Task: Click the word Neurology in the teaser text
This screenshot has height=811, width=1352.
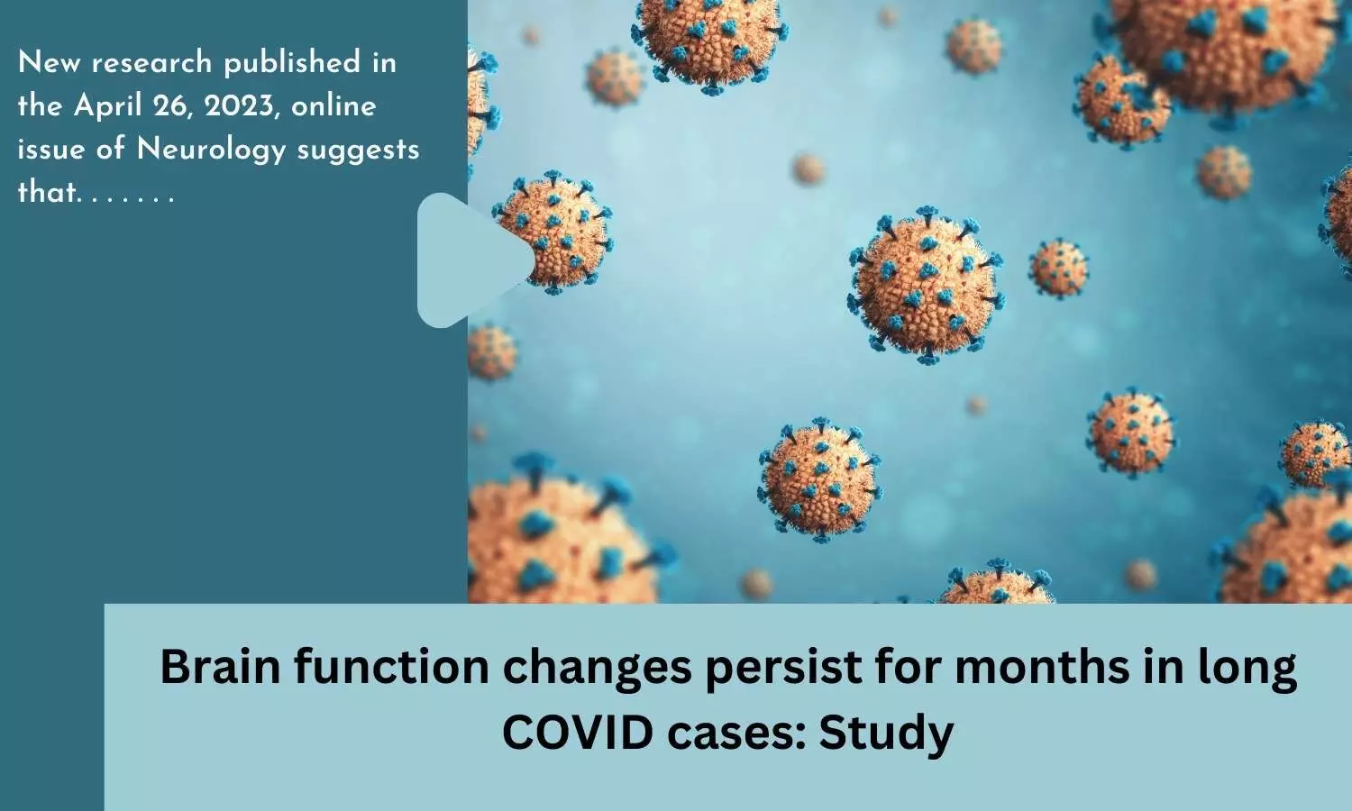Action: point(211,150)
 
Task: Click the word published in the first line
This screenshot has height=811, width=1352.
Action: point(292,63)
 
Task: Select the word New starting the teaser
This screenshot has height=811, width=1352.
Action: point(49,63)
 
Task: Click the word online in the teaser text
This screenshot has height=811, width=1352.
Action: point(333,107)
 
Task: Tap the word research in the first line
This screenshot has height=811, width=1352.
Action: point(152,63)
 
